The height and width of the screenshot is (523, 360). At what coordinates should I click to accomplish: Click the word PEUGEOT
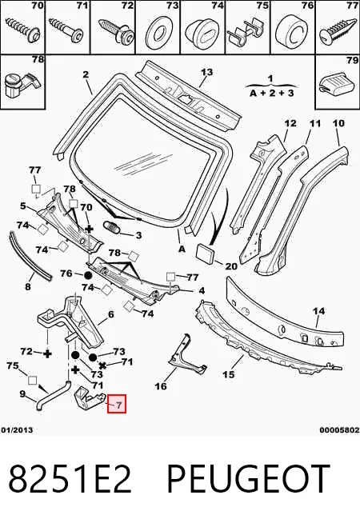point(248,479)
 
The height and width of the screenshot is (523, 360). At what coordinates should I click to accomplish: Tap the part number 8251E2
point(70,479)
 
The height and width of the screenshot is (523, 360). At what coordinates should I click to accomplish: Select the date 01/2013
point(17,430)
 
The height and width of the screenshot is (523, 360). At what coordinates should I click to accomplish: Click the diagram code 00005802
point(339,430)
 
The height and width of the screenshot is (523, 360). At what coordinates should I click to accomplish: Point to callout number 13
point(206,72)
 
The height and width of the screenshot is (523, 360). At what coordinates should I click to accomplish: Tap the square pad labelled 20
point(205,253)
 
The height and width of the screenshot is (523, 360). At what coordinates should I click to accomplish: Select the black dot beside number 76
point(88,276)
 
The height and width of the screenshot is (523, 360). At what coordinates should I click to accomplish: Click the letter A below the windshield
point(182,250)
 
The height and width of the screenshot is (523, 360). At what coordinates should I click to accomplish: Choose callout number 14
point(318,311)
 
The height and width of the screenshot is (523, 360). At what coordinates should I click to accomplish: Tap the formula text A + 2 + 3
point(271,93)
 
